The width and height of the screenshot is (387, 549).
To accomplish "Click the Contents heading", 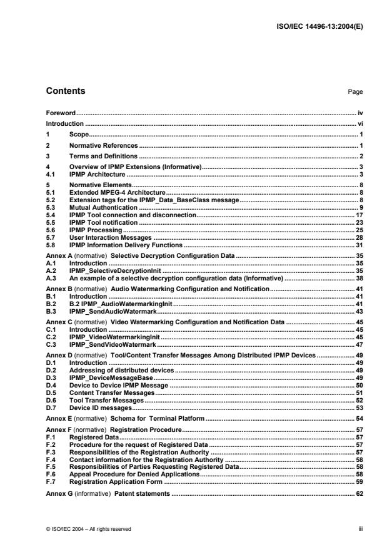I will (66, 91).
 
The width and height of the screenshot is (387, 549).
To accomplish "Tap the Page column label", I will (356, 92).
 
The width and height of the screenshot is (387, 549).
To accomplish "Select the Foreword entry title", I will (61, 113).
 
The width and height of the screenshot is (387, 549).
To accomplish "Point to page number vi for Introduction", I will (360, 124).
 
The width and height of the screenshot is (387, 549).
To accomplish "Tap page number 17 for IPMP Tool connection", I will (359, 215).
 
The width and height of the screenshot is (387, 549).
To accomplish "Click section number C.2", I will (51, 336).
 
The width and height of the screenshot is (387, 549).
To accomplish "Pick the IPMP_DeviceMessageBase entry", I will (104, 377).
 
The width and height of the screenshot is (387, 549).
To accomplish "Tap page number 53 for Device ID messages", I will (359, 408).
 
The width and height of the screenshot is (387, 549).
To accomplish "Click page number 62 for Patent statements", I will (359, 494).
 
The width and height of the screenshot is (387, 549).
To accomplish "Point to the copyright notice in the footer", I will (88, 529).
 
